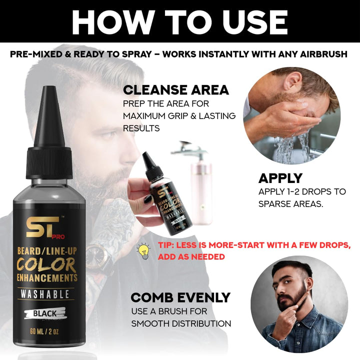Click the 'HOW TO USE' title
coord(179,21)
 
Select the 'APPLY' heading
coord(280,178)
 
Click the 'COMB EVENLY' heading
coord(180,297)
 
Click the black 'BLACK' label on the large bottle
coord(45,313)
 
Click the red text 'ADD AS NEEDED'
coord(191,256)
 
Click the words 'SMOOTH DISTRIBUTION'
coord(181,323)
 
